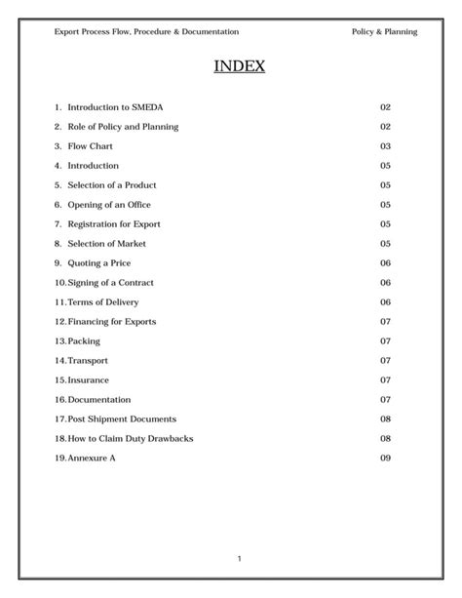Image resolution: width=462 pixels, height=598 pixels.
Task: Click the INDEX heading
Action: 238,66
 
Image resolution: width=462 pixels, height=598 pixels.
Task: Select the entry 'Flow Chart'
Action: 90,146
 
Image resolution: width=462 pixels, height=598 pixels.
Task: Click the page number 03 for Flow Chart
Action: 385,146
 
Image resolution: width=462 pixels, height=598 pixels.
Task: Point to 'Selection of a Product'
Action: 111,185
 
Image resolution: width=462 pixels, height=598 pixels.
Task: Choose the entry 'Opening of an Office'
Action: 108,205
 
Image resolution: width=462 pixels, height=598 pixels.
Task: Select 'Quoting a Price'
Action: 98,263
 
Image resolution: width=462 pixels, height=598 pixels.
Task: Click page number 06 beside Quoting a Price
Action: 385,263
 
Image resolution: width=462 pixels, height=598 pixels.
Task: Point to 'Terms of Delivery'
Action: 102,302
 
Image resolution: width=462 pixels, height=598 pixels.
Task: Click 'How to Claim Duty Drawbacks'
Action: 130,439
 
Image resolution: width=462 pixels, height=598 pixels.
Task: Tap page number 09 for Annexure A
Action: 385,458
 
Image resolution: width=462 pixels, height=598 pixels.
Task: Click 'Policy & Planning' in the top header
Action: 384,32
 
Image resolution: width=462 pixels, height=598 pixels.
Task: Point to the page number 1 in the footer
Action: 239,558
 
